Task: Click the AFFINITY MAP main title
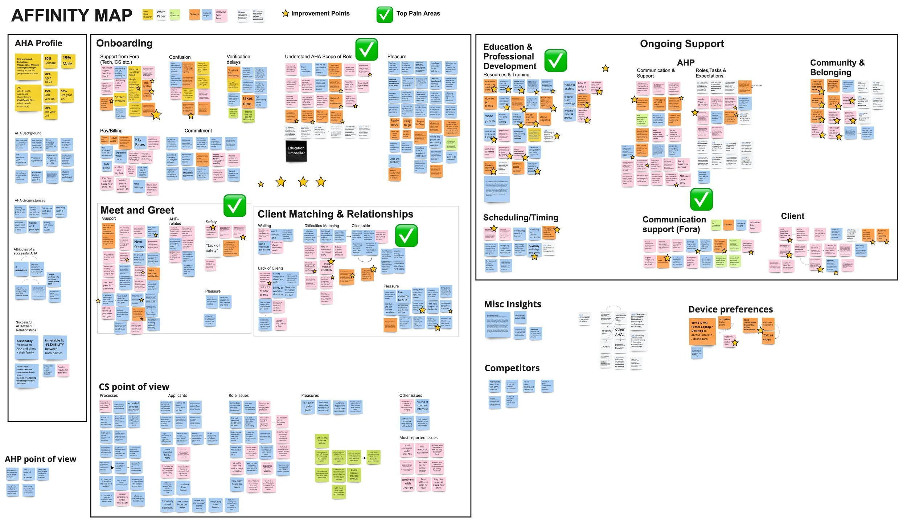coord(72,15)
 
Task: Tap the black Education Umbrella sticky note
coord(296,151)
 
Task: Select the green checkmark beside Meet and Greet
coord(235,206)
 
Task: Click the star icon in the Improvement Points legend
coord(286,13)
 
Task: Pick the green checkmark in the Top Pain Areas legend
coord(385,15)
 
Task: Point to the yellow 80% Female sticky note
coord(50,61)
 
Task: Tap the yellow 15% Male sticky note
coord(67,61)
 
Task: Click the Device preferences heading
coord(730,309)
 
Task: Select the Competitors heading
coord(512,368)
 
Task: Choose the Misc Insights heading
coord(512,304)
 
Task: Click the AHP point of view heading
coord(41,459)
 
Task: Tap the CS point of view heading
coord(134,387)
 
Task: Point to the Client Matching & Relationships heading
coord(335,214)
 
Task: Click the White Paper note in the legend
coord(161,14)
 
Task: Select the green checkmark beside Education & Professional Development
coord(555,61)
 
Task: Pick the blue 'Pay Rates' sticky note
coord(140,142)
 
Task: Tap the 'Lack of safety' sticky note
coord(213,248)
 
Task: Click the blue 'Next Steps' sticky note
coord(139,244)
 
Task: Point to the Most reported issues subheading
coord(418,438)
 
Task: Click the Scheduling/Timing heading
coord(520,217)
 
